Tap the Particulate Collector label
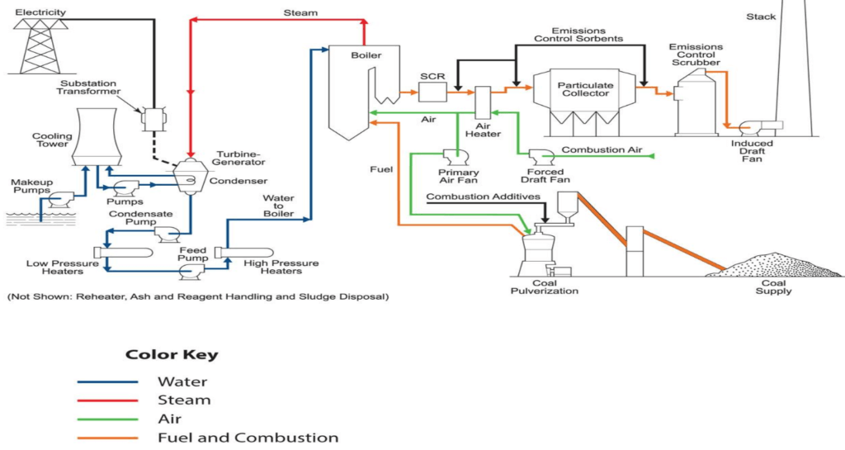pyautogui.click(x=584, y=89)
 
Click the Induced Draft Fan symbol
pyautogui.click(x=753, y=127)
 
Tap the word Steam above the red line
pyautogui.click(x=300, y=12)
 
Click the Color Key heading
pyautogui.click(x=172, y=355)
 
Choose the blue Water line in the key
pyautogui.click(x=107, y=382)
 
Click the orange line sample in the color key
pyautogui.click(x=107, y=438)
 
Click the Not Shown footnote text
pyautogui.click(x=197, y=295)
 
